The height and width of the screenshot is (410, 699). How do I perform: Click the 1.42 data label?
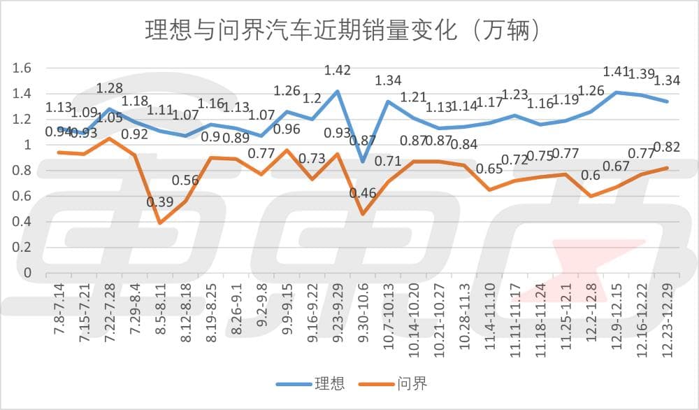pyautogui.click(x=338, y=70)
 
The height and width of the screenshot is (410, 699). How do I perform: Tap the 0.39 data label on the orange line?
pyautogui.click(x=161, y=203)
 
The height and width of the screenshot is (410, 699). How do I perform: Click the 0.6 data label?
pyautogui.click(x=591, y=175)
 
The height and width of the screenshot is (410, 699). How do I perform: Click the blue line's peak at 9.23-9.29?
pyautogui.click(x=338, y=91)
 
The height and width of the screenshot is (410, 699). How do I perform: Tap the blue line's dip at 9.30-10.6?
pyautogui.click(x=362, y=162)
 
